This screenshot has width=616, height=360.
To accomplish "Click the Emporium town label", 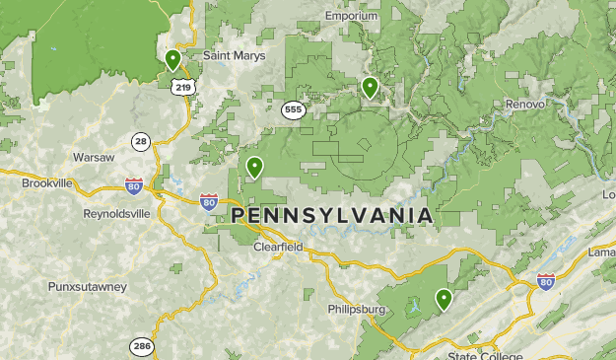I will [351, 16].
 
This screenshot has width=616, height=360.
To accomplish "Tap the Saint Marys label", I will [235, 56].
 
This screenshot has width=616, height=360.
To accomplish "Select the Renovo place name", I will [524, 104].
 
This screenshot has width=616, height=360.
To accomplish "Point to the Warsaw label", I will [94, 158].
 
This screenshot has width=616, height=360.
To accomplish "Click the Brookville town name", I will [47, 183].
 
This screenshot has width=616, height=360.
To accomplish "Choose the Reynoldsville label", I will [116, 213].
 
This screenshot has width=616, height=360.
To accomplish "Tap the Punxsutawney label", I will [87, 287].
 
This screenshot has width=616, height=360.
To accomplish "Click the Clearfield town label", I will [278, 248].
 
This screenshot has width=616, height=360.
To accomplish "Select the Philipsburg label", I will [356, 310].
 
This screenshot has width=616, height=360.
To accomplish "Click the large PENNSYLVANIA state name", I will [331, 215].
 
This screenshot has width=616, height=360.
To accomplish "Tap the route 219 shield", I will [181, 88].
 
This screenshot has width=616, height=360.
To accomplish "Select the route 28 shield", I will [142, 142].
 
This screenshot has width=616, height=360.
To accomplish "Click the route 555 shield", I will [293, 109].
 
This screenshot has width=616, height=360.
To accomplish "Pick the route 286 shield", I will [141, 346].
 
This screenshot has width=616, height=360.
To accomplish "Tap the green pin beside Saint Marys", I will [172, 59].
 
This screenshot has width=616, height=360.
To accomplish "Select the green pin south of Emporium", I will [370, 87].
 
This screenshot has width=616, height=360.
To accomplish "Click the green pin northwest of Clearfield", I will [254, 167].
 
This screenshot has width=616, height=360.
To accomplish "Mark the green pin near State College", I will [444, 298].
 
